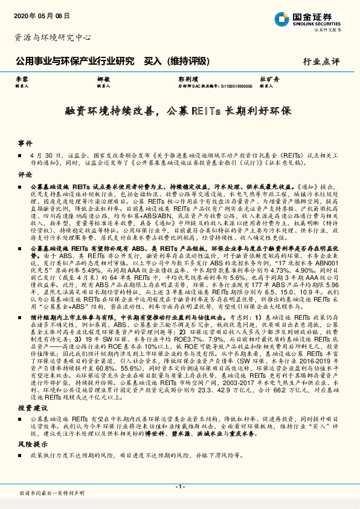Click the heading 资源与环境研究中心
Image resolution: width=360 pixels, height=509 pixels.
pos(52,37)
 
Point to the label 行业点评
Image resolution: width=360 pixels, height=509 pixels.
pos(321,62)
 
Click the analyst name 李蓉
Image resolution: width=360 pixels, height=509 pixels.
pos(22,79)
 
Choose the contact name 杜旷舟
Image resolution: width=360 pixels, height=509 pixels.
pos(269,79)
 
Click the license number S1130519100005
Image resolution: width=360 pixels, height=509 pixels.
pos(233,86)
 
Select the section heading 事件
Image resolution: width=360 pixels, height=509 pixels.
pos(25,144)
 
